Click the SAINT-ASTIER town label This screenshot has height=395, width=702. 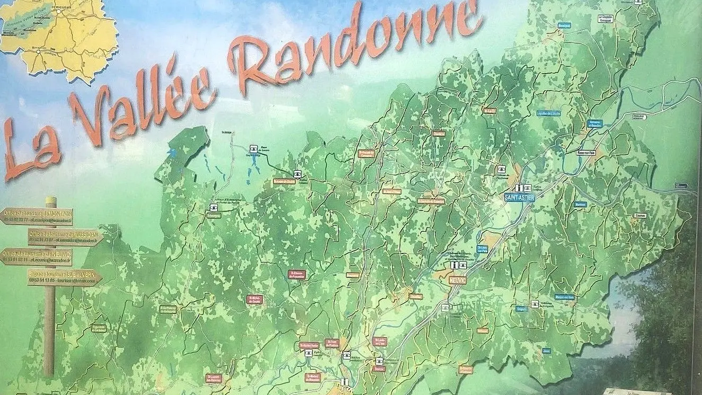(519, 197)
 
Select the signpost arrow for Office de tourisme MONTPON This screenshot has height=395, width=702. (37, 216)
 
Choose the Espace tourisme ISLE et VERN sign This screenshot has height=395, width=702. (64, 277)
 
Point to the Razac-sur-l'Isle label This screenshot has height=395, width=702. (587, 152)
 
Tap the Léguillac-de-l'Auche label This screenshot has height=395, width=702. (548, 112)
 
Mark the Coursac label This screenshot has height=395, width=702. (640, 215)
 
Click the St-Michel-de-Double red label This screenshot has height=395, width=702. (254, 299)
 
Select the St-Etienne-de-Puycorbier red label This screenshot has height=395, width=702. (297, 274)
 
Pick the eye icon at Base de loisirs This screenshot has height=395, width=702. (254, 148)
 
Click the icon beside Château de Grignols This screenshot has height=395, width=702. (535, 304)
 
